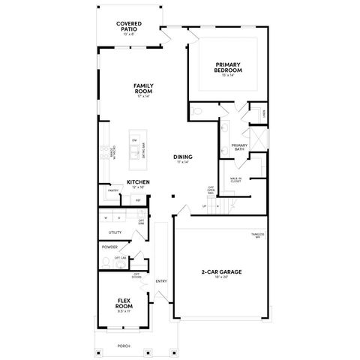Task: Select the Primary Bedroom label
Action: (x=226, y=68)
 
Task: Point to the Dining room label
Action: (x=183, y=157)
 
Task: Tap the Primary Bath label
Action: (x=239, y=147)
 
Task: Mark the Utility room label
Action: (x=115, y=232)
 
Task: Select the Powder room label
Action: (x=109, y=246)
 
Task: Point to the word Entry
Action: (x=160, y=281)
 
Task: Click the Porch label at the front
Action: (x=124, y=346)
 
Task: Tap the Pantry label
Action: (x=113, y=190)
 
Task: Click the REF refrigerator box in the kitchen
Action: (x=139, y=199)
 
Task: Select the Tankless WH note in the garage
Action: (x=257, y=236)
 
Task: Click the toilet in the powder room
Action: (x=103, y=262)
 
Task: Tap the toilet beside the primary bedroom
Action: (x=196, y=111)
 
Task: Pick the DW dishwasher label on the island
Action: (x=133, y=140)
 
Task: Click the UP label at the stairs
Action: (x=193, y=208)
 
